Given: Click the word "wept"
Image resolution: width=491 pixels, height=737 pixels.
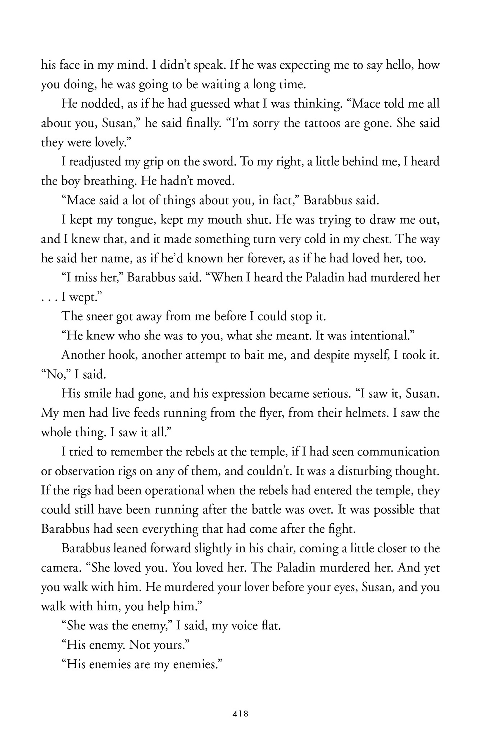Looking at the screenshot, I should (83, 297).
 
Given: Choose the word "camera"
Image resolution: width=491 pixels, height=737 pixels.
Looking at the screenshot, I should (60, 567).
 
